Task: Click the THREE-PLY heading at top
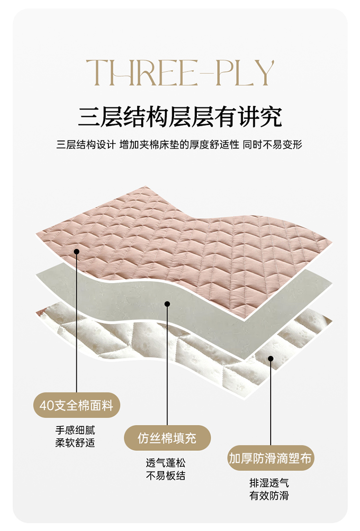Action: tap(180, 73)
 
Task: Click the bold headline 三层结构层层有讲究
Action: tap(180, 117)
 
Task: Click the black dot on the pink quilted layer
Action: tap(76, 251)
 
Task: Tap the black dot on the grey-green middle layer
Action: tap(167, 304)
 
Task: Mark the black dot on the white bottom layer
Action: tap(271, 358)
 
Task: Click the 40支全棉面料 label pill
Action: tap(76, 405)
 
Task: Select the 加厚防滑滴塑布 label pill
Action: tap(270, 459)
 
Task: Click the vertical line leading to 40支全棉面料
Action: tap(76, 326)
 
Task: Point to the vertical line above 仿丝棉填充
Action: tap(167, 365)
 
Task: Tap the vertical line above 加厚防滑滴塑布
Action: tap(271, 403)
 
